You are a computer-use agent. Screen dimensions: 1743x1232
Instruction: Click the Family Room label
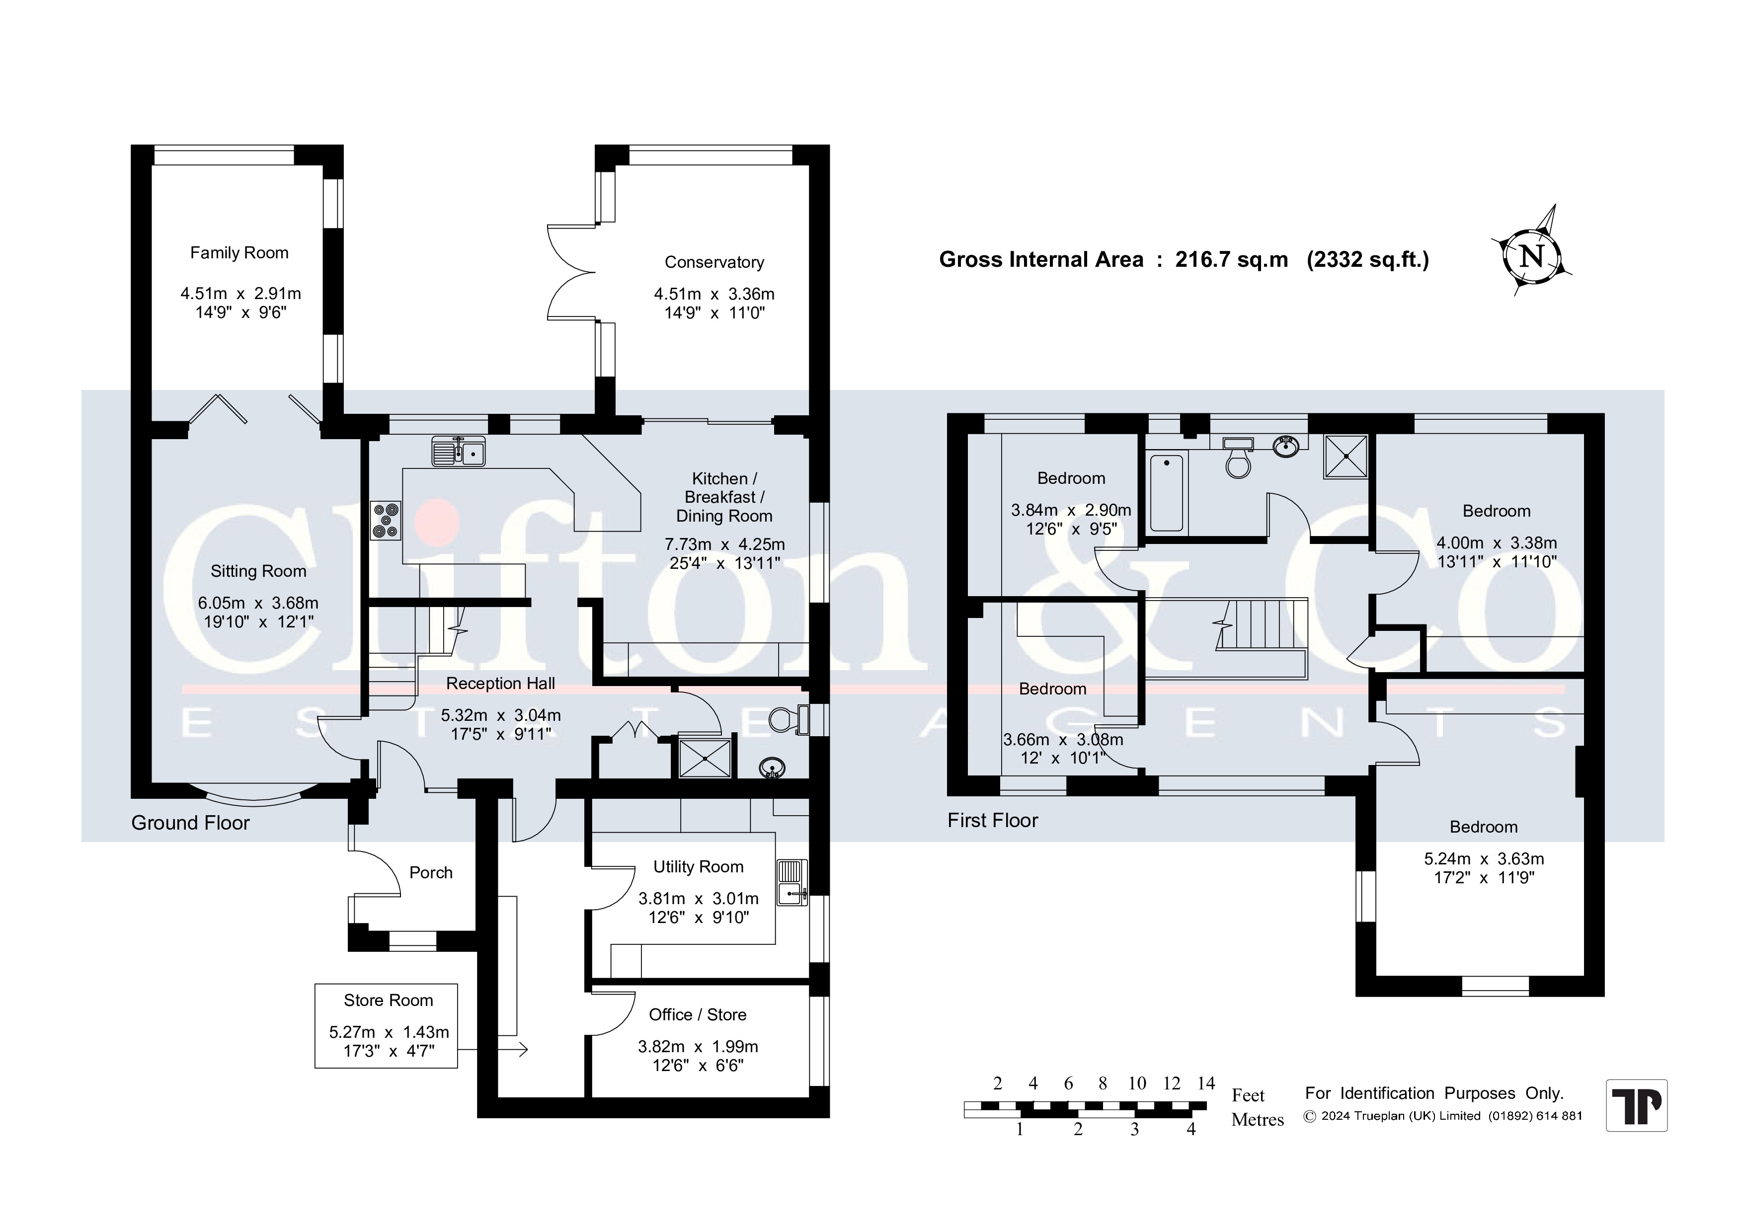click(239, 253)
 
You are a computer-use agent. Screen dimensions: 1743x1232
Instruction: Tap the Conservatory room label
click(714, 263)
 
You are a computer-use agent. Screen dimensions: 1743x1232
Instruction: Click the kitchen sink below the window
click(459, 451)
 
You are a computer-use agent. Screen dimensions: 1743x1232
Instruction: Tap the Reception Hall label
click(501, 683)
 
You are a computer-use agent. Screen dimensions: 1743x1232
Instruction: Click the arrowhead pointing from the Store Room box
click(523, 1050)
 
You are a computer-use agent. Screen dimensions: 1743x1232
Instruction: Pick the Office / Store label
click(698, 1015)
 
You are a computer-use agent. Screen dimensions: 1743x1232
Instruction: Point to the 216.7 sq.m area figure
click(1231, 260)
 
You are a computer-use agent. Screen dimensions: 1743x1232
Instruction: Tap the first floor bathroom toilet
click(1238, 457)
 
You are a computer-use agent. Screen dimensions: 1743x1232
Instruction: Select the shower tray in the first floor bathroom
click(1346, 456)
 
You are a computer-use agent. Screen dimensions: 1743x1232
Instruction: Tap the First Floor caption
click(993, 821)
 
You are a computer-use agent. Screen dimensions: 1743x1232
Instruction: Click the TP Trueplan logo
click(1637, 1105)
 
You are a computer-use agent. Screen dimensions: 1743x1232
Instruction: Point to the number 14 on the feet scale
click(1206, 1083)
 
